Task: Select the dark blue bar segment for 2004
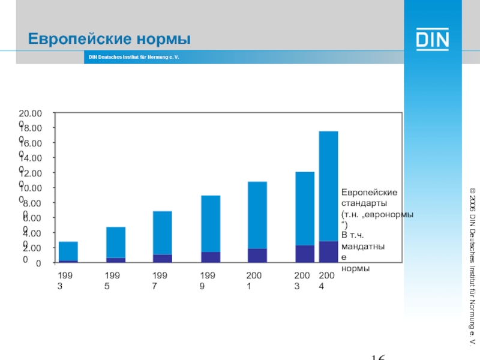coord(328,252)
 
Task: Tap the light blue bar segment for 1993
coord(68,251)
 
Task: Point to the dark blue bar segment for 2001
coord(257,256)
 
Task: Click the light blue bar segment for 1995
coord(116,242)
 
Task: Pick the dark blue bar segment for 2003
coord(305,254)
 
